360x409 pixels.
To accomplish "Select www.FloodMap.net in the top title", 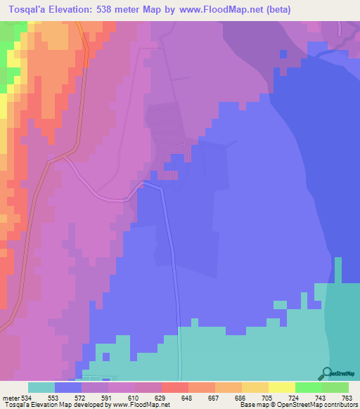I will (x=221, y=10).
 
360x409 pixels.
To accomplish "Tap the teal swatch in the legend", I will (x=41, y=388).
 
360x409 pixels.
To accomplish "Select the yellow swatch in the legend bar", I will (x=255, y=388).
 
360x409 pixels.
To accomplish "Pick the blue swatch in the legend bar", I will (x=68, y=388).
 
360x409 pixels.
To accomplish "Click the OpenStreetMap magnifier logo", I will (x=326, y=373).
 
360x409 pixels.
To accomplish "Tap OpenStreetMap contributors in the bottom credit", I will (x=324, y=405).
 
